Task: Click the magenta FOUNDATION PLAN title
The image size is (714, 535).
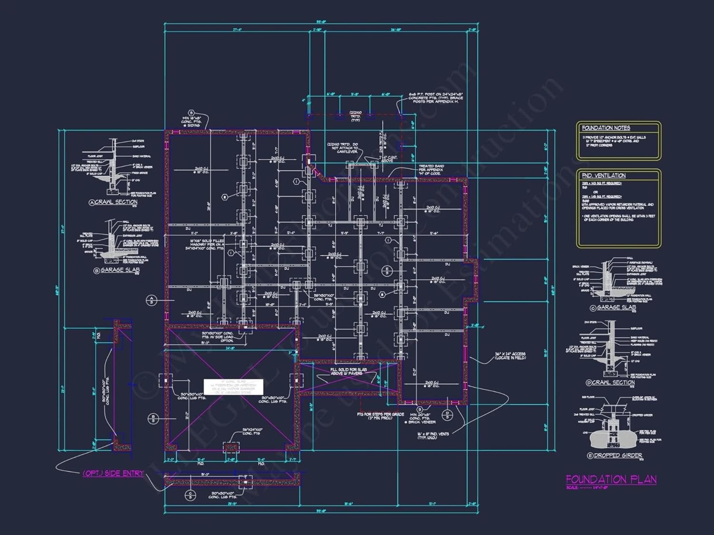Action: click(x=611, y=479)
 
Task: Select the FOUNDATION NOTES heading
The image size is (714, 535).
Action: click(x=606, y=128)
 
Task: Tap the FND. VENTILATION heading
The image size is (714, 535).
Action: click(x=604, y=175)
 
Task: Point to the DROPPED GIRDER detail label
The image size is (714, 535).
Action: click(x=618, y=456)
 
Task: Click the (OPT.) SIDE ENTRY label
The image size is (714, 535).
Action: click(x=113, y=473)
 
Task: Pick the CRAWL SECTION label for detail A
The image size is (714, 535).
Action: click(x=116, y=202)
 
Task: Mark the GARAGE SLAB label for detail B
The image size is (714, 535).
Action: click(x=119, y=270)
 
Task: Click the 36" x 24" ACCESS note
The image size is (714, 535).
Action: click(x=510, y=356)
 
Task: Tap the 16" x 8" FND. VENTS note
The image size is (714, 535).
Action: click(x=433, y=436)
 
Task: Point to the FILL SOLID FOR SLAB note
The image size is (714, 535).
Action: click(x=348, y=371)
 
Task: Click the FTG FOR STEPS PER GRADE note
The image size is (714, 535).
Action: click(x=380, y=416)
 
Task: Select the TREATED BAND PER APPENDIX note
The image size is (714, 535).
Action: click(x=431, y=170)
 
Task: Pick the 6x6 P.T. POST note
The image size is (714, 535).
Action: click(x=436, y=98)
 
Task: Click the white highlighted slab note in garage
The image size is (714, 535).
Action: click(x=233, y=387)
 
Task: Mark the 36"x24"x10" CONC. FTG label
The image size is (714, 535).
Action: click(x=252, y=431)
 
